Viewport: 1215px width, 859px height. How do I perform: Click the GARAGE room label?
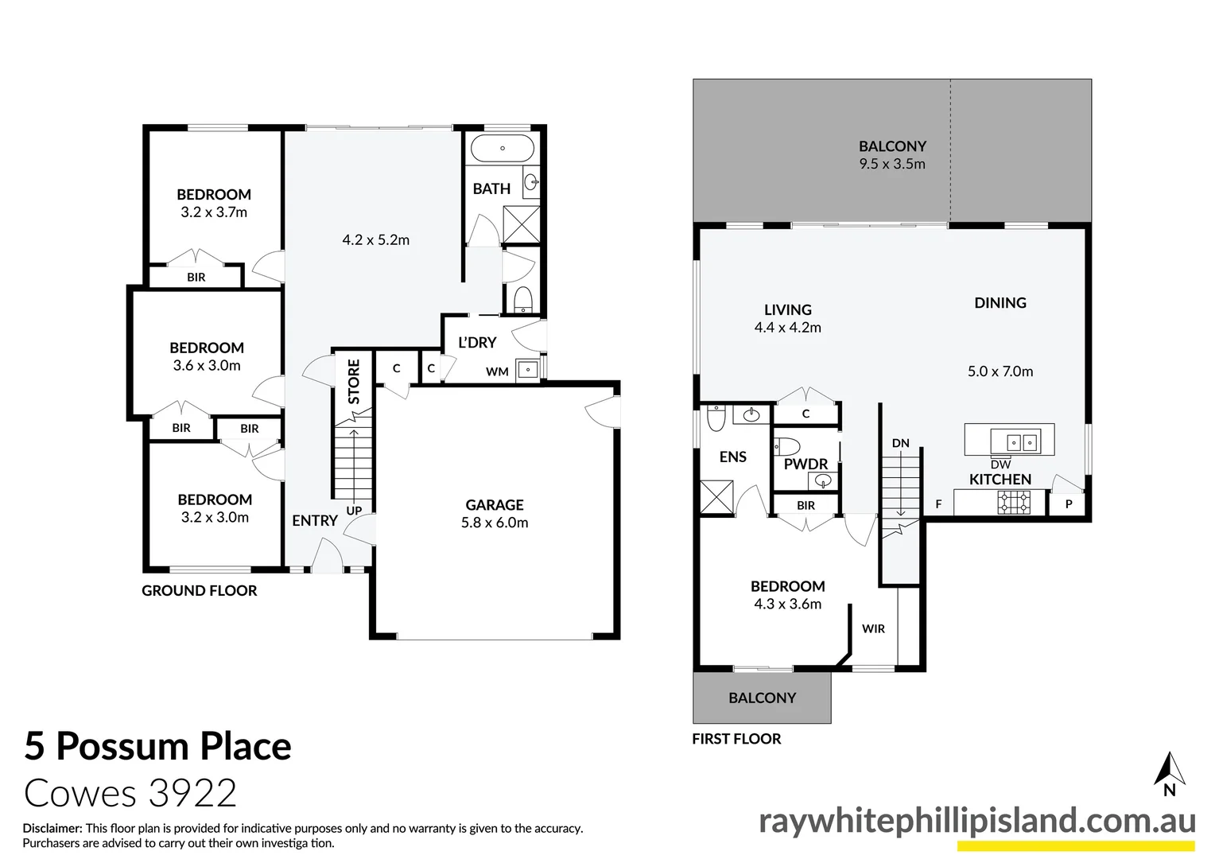point(494,505)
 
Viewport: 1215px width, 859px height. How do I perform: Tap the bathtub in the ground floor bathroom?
point(502,148)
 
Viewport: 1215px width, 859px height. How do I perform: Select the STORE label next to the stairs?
point(354,381)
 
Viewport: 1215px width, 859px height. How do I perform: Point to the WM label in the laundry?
point(497,371)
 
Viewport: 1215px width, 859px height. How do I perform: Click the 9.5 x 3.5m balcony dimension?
point(892,164)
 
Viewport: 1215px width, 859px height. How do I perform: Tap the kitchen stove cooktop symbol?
point(1014,502)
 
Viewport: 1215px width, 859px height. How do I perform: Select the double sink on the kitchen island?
point(1013,441)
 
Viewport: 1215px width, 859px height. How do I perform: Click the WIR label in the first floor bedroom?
point(873,628)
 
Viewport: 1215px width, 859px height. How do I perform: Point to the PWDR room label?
point(805,464)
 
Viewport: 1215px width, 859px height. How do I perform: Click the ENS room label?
point(732,457)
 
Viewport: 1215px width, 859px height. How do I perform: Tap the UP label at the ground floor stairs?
point(354,511)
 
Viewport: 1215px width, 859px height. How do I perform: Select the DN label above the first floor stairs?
point(900,443)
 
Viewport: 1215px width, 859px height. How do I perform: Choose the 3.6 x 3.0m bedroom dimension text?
point(207,366)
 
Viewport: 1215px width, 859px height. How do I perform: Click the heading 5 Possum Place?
point(158,746)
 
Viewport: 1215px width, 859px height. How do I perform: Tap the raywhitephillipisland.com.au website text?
point(976,821)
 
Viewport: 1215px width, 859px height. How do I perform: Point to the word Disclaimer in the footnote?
point(52,828)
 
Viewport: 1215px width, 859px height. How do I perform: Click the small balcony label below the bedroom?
point(762,698)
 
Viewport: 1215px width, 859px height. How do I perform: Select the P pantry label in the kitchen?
point(1069,504)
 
